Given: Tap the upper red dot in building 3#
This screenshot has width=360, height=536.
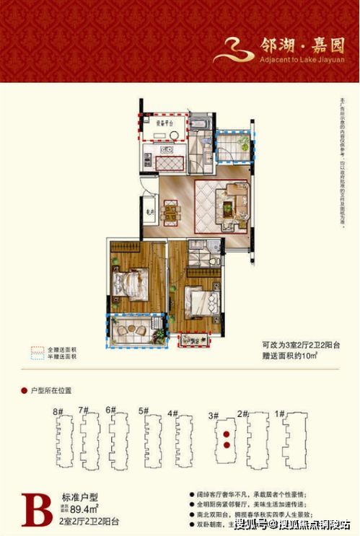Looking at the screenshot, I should pyautogui.click(x=227, y=435).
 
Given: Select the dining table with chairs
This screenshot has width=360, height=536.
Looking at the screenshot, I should pyautogui.click(x=171, y=212).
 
